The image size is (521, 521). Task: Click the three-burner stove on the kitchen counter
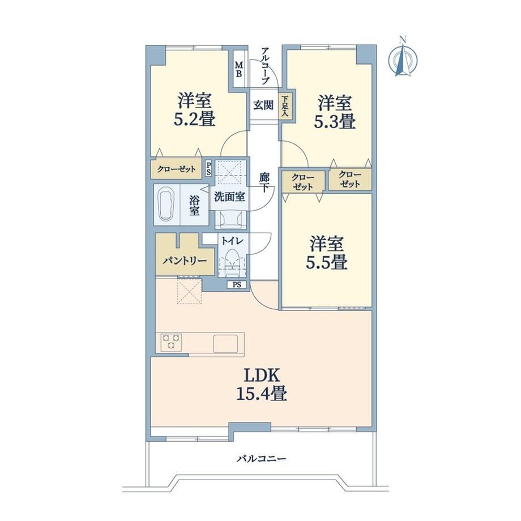[x=172, y=342]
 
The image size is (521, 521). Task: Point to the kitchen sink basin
[x=225, y=344]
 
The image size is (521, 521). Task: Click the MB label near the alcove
[x=238, y=69]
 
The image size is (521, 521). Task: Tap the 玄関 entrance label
[x=263, y=105]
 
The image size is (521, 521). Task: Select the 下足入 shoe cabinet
[x=285, y=105]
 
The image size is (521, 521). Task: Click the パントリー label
[x=185, y=261]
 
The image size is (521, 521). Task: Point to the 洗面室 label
[x=229, y=197]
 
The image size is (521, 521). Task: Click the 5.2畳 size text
[x=195, y=119]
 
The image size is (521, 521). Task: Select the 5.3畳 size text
[x=335, y=121]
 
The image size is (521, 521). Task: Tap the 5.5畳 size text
[x=327, y=262]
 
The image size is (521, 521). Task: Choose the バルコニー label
[x=261, y=459]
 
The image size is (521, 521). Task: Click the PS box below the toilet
[x=237, y=285]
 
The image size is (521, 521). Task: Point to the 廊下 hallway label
[x=264, y=182]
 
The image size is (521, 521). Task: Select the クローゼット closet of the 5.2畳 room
[x=177, y=169]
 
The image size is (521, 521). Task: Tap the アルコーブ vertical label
[x=265, y=66]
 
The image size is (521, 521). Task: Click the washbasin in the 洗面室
[x=230, y=219]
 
